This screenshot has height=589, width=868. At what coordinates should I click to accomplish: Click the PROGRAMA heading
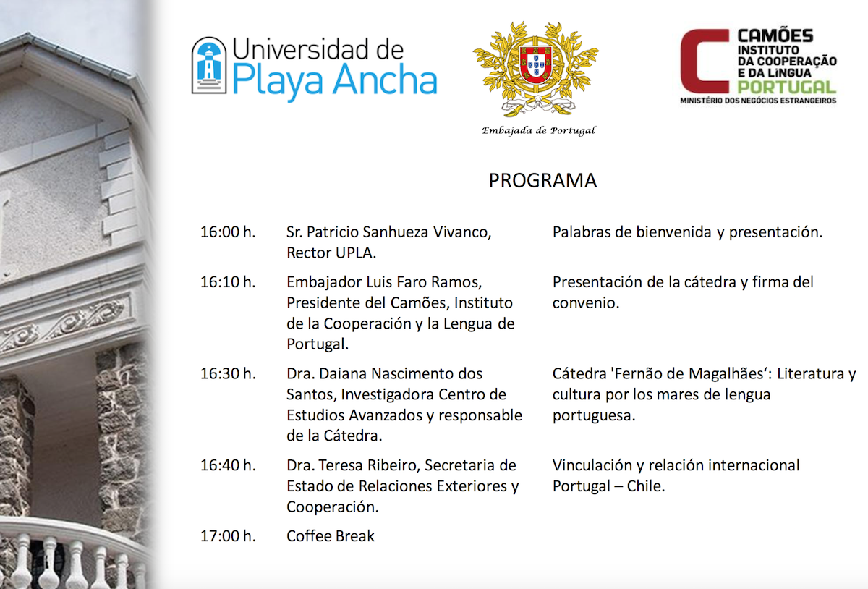(x=542, y=180)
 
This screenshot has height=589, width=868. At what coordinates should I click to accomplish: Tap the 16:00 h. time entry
(x=228, y=233)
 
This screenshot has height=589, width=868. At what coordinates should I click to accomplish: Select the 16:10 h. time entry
(x=228, y=282)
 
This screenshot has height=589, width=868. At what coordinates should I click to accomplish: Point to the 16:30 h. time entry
(x=228, y=374)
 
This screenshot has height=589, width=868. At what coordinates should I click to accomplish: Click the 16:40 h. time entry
(x=228, y=465)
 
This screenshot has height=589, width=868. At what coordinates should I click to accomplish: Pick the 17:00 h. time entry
(x=228, y=536)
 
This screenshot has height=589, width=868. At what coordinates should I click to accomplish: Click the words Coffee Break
(x=331, y=536)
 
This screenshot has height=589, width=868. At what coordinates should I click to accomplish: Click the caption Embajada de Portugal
(x=538, y=131)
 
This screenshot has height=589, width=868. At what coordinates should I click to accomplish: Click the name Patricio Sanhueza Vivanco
(x=399, y=233)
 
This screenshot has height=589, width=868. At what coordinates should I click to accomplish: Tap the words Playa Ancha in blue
(x=335, y=82)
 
